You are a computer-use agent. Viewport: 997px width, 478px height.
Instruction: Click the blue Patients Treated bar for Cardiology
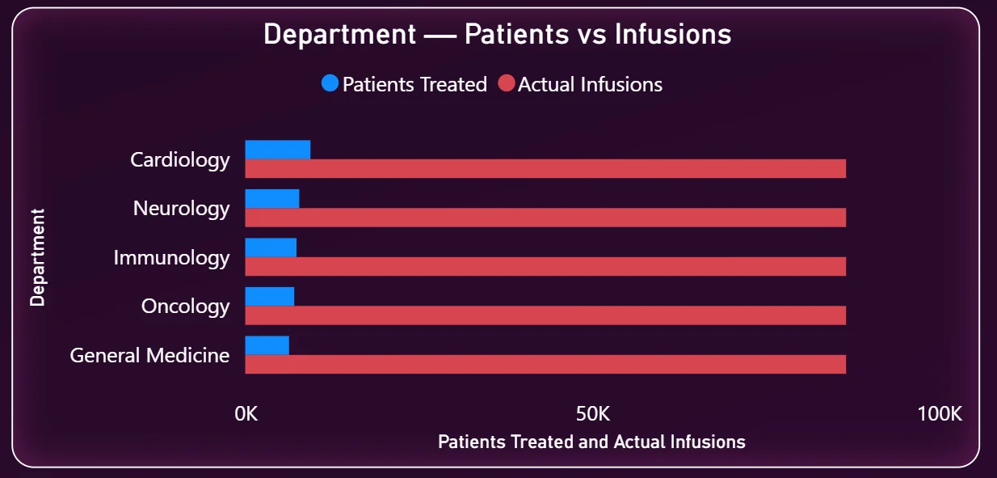(x=278, y=150)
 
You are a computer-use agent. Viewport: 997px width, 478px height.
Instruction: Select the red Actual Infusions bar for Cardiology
(x=545, y=168)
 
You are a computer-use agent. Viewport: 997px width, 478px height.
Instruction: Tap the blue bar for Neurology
(x=272, y=199)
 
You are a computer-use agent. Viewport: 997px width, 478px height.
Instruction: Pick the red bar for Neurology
(x=545, y=218)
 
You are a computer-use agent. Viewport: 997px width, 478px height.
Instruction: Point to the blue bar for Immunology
(x=271, y=247)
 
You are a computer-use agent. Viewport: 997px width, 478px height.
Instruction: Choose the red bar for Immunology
(x=545, y=266)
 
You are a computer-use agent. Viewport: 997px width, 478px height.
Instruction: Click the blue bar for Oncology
(x=270, y=297)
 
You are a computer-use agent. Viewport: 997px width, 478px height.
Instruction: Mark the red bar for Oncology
(x=545, y=315)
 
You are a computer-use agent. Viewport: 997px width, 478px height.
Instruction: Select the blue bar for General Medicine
(x=267, y=345)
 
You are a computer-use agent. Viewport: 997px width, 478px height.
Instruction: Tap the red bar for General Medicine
(x=545, y=365)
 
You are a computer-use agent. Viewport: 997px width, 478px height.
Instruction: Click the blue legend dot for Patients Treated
(x=330, y=83)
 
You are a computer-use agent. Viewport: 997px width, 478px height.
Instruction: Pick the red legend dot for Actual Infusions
(x=506, y=83)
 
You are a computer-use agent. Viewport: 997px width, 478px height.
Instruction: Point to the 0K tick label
(x=246, y=414)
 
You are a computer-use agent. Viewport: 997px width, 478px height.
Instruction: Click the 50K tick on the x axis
(x=593, y=414)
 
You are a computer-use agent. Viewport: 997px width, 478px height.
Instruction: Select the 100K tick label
(x=940, y=414)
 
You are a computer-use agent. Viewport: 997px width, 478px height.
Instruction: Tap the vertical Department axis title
(x=37, y=257)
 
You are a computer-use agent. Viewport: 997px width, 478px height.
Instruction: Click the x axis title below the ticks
(x=591, y=442)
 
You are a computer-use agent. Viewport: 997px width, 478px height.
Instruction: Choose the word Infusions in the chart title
(x=673, y=34)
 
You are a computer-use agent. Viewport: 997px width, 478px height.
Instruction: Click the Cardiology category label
(x=180, y=160)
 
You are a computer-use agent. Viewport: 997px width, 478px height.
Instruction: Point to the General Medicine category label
(x=149, y=356)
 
